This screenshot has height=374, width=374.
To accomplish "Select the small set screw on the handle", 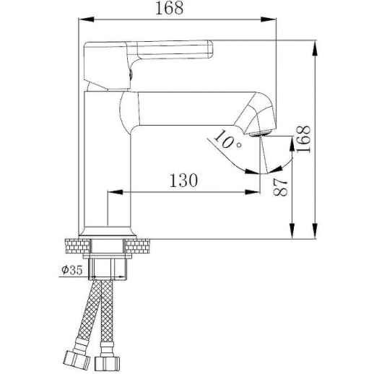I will tap(130, 71).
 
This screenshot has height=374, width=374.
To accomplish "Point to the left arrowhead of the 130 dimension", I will tap(113, 192).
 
